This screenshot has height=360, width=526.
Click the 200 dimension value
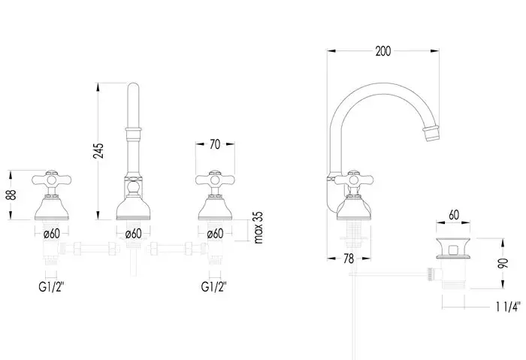pyautogui.click(x=383, y=51)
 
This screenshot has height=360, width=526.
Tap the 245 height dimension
pyautogui.click(x=98, y=151)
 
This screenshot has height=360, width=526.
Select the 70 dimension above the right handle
pyautogui.click(x=215, y=144)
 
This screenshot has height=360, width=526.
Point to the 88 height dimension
pyautogui.click(x=11, y=195)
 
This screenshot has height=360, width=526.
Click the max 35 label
pyautogui.click(x=258, y=228)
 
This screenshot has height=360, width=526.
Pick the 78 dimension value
pyautogui.click(x=349, y=259)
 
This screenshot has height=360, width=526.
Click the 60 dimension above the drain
pyautogui.click(x=454, y=215)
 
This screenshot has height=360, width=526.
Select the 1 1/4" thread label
pyautogui.click(x=508, y=307)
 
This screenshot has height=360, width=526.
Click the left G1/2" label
pyautogui.click(x=51, y=287)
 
